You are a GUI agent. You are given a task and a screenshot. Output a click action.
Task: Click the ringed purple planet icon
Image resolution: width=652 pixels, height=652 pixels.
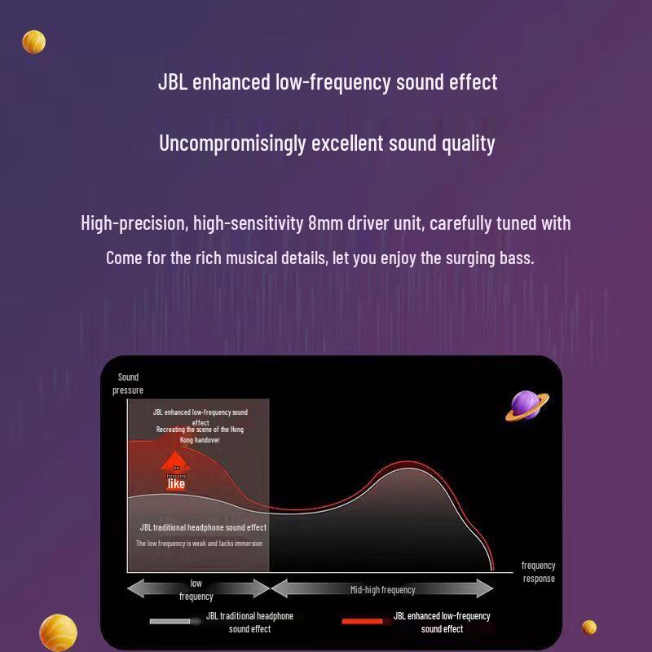[x=526, y=405]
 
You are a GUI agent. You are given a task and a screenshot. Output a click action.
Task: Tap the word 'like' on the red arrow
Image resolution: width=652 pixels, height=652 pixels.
[x=176, y=483]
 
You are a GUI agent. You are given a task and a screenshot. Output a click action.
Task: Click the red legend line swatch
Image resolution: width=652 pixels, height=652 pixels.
[x=362, y=622]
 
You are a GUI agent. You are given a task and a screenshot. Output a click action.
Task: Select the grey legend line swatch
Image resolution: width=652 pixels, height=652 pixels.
[x=169, y=622]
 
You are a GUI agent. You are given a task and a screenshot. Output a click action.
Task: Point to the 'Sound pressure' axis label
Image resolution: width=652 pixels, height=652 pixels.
[x=128, y=383]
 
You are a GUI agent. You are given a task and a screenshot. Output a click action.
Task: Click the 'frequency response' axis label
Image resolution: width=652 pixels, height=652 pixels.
[x=539, y=571]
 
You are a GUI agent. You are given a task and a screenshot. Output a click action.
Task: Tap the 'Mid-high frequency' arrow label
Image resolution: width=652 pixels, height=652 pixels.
[x=382, y=589]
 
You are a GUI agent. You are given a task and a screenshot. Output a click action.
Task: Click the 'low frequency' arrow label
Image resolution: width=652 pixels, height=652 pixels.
[x=196, y=589]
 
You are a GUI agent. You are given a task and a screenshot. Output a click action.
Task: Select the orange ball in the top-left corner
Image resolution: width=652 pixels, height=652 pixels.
[x=33, y=42]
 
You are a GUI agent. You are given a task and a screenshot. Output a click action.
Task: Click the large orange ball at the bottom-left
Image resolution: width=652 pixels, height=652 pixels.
[x=58, y=632]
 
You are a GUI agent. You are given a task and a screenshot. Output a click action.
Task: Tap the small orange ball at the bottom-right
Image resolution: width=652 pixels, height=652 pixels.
[x=589, y=627]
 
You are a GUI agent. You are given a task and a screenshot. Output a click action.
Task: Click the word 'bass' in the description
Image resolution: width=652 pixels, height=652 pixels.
[x=516, y=258]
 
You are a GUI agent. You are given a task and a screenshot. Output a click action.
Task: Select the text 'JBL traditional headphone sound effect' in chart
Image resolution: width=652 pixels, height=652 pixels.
[x=203, y=527]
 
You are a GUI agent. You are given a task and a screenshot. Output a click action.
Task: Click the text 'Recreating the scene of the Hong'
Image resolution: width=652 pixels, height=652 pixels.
[x=200, y=429]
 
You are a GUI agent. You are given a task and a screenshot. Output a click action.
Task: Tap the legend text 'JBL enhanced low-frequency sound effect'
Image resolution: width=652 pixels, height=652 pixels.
[x=442, y=622]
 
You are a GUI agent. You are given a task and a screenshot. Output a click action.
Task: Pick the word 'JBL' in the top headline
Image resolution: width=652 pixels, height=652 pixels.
[x=172, y=82]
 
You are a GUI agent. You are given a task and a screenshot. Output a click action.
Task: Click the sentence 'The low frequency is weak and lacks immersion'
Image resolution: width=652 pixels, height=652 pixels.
[x=199, y=543]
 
